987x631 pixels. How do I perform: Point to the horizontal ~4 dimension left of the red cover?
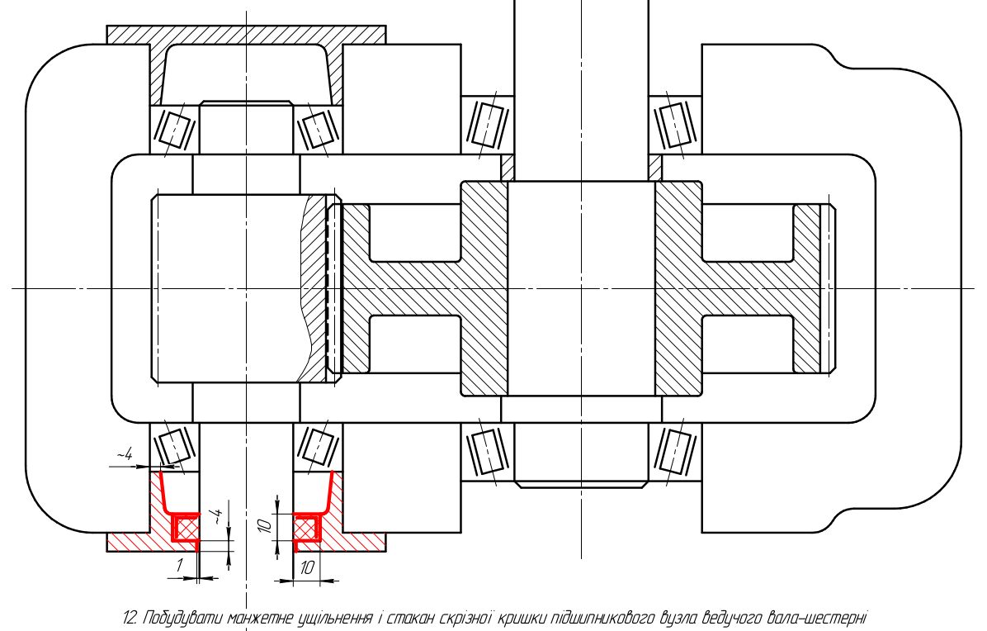124,455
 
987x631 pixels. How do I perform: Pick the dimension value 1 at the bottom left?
179,566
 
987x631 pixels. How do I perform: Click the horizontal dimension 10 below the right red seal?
306,567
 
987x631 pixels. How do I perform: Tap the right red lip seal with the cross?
308,526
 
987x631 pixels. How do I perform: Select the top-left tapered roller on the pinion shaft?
174,130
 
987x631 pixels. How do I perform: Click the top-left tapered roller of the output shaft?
487,124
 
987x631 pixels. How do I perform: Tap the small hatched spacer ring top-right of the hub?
655,168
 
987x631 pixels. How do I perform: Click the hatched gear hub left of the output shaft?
484,288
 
